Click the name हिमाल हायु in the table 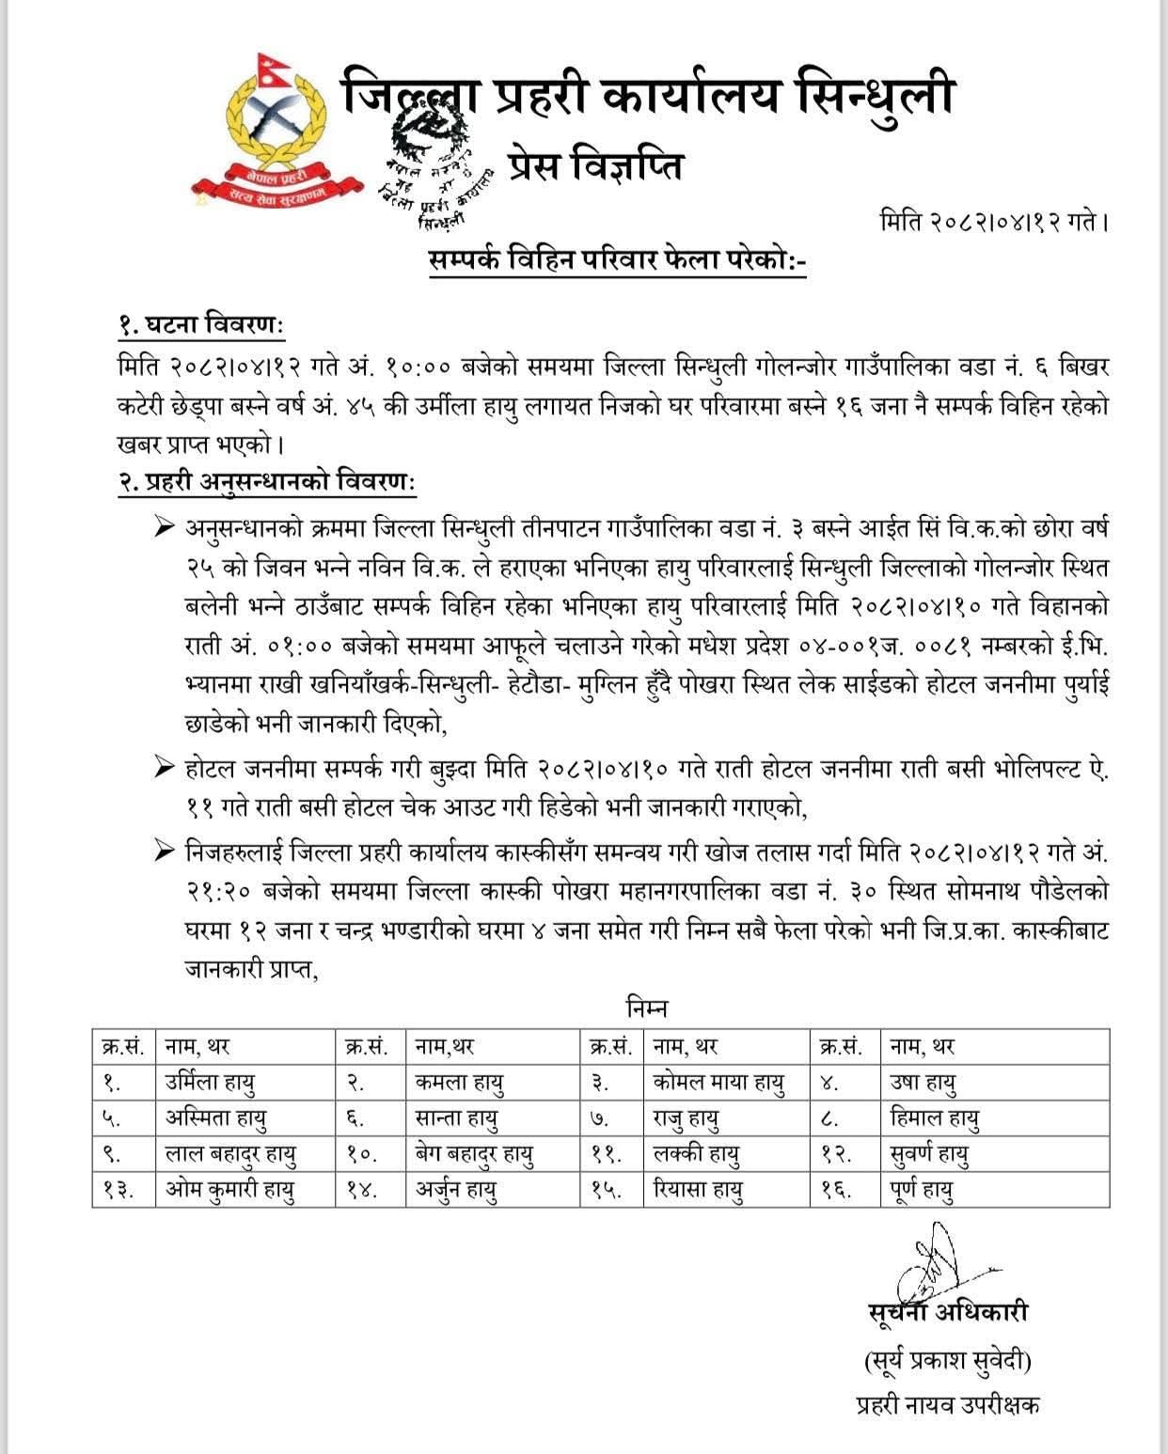point(935,1118)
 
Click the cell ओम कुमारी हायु point(230,1190)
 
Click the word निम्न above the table point(646,1008)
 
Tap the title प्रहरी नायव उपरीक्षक point(947,1405)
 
